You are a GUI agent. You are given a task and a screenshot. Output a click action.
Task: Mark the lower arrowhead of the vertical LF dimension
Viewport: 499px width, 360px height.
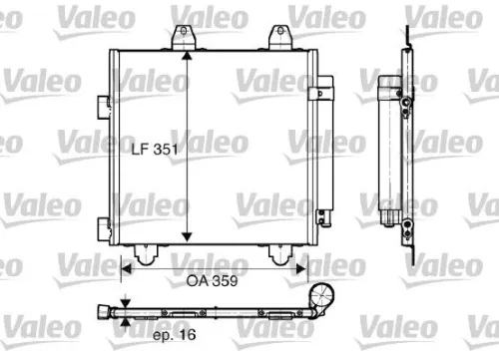coord(186,237)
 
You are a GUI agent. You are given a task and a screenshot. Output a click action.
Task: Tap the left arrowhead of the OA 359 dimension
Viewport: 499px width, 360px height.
coord(127,267)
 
